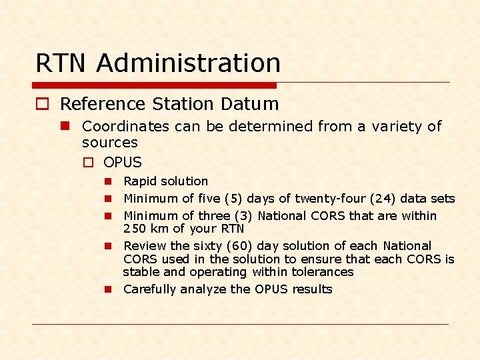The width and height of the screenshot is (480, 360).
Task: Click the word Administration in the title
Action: [189, 63]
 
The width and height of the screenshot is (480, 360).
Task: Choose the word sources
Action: [109, 143]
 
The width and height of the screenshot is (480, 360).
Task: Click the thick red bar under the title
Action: [154, 85]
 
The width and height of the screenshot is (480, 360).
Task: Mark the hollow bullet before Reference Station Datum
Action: [42, 105]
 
